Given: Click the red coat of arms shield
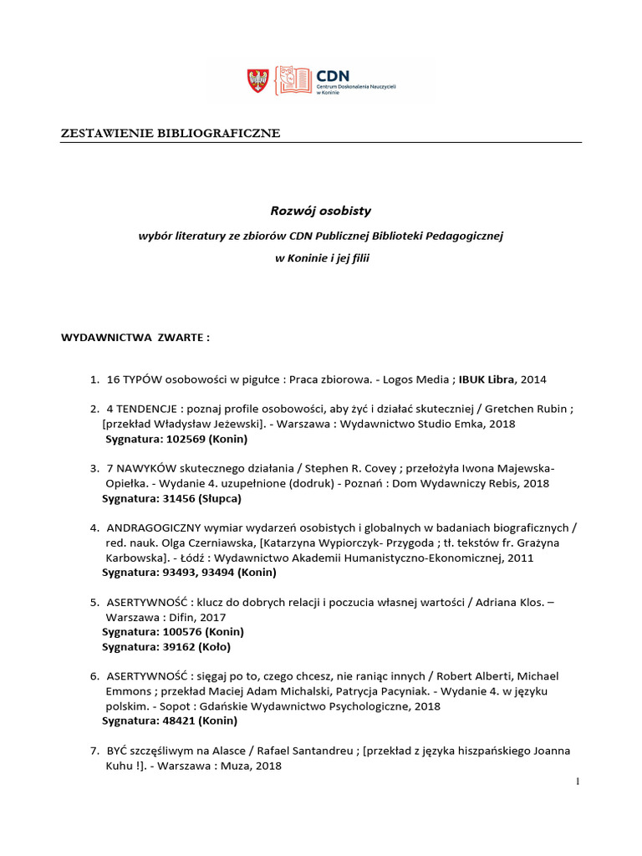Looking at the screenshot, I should [257, 80].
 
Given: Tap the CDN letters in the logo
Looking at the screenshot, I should [331, 75].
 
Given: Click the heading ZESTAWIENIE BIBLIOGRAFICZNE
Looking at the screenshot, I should [170, 133].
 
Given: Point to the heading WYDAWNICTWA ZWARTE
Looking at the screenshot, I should [134, 338].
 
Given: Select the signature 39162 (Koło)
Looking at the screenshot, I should [196, 646].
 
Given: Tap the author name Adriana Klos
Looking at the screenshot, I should [499, 602].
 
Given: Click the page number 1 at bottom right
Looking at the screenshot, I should [577, 782].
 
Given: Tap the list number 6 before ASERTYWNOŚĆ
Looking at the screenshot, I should [94, 675].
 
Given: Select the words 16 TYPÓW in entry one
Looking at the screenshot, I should [134, 380].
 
